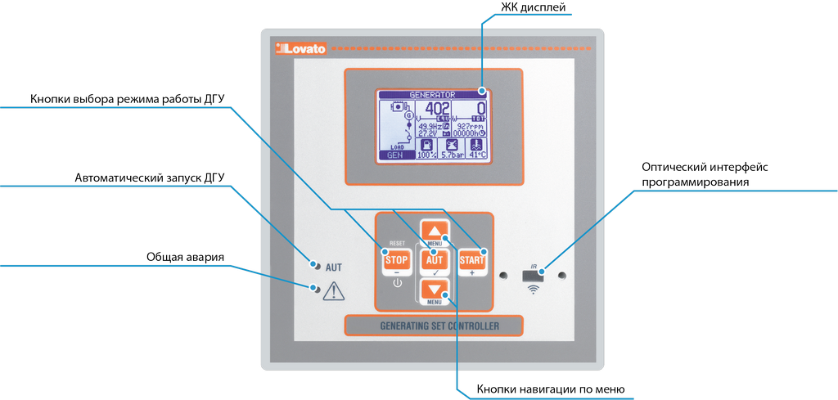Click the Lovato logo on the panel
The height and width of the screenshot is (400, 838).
[x=301, y=49]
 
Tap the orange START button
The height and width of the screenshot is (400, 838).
[x=471, y=260]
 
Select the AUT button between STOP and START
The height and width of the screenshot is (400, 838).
[x=435, y=260]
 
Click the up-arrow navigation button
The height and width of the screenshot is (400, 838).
[x=435, y=231]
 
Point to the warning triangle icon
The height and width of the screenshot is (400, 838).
[x=335, y=290]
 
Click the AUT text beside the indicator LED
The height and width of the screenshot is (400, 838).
[x=334, y=267]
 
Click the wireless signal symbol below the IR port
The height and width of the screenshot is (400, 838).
[x=534, y=290]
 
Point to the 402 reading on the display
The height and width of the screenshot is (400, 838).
[x=438, y=110]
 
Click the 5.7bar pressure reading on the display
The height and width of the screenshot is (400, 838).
[x=451, y=154]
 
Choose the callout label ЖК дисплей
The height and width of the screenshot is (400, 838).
[x=533, y=7]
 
